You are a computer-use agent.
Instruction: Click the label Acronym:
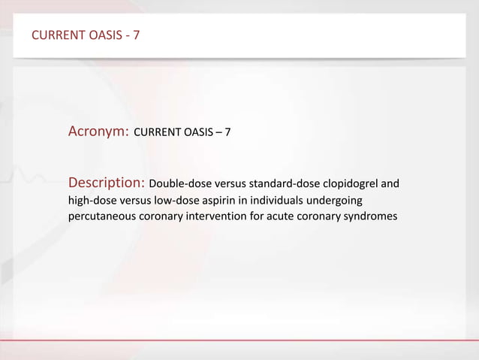99,132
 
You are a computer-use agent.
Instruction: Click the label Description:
107,183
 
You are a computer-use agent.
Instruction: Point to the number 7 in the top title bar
136,35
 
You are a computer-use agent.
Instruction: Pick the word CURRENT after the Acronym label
158,132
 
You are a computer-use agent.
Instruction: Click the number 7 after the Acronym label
227,132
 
